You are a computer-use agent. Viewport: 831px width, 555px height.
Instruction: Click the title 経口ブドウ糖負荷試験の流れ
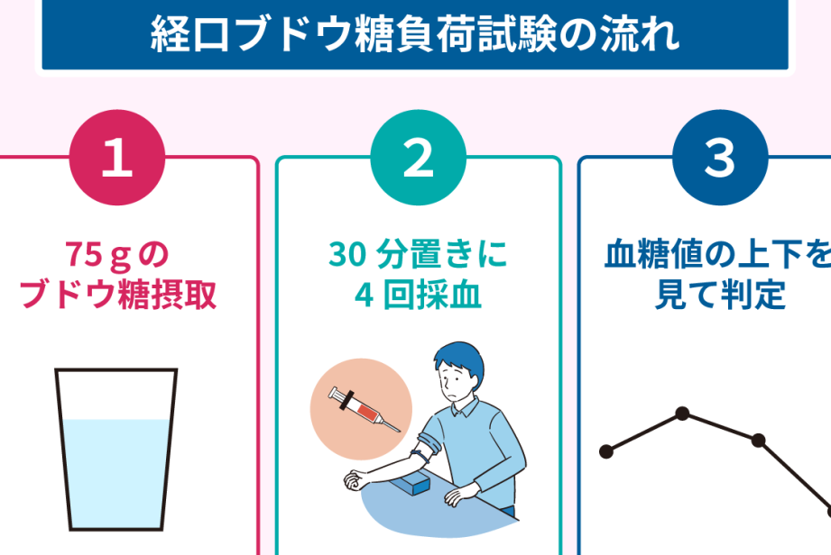tap(415, 34)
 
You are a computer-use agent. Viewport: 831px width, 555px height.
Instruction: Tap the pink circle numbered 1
tap(117, 157)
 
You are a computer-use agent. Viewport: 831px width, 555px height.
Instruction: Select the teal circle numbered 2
tap(418, 157)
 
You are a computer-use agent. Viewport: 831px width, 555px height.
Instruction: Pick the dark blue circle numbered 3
tap(720, 157)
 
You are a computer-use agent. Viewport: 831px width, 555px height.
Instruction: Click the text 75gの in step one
tap(117, 254)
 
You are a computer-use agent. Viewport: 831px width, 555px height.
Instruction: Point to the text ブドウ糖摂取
tap(117, 295)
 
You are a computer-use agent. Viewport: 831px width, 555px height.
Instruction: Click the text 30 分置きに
tap(418, 254)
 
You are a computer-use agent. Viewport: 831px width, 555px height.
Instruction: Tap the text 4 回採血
tap(418, 295)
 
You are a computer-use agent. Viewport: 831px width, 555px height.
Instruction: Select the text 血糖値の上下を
tap(717, 254)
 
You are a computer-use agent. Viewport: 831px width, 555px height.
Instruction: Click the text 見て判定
tap(720, 295)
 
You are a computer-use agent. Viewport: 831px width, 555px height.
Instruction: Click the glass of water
tap(116, 450)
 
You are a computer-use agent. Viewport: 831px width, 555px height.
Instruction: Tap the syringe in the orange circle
tap(365, 408)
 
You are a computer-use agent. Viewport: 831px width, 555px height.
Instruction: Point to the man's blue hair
tap(460, 359)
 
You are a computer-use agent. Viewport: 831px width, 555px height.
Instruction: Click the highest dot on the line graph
tap(683, 414)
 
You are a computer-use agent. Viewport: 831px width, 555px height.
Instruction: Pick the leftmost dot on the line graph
tap(606, 451)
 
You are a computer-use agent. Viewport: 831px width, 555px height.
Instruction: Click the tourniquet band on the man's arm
tap(422, 456)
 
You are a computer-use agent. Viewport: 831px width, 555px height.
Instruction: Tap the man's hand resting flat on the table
tap(460, 496)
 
